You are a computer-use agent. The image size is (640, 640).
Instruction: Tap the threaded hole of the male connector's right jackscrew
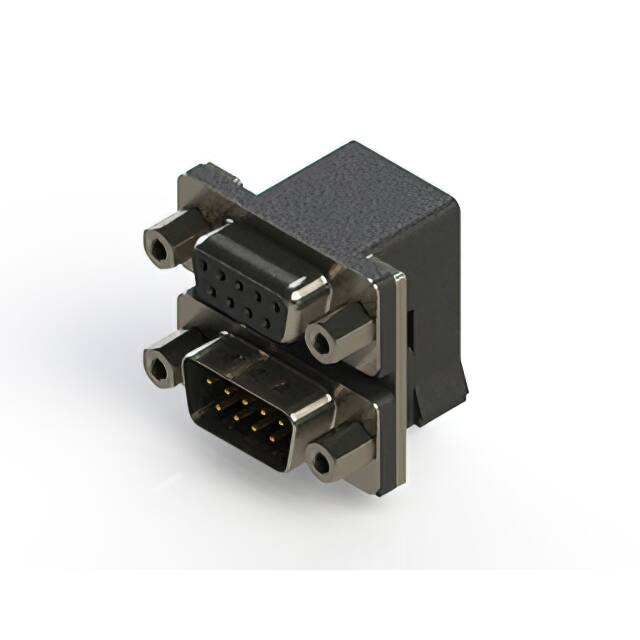point(322,461)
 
